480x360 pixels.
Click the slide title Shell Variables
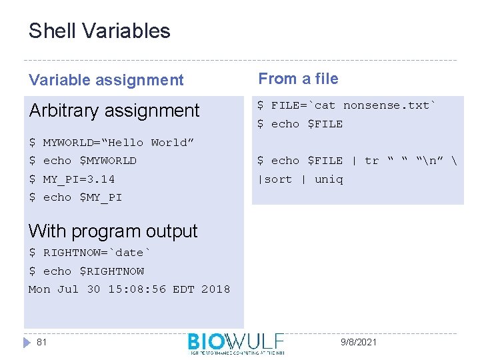pyautogui.click(x=99, y=31)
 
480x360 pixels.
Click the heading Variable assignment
pyautogui.click(x=105, y=80)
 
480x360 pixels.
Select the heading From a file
pyautogui.click(x=298, y=79)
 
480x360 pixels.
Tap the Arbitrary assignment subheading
pyautogui.click(x=114, y=110)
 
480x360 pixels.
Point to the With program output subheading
pyautogui.click(x=113, y=231)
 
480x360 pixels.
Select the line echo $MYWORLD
pyautogui.click(x=89, y=161)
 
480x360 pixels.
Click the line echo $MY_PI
pyautogui.click(x=82, y=197)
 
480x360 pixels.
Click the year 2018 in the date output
pyautogui.click(x=215, y=289)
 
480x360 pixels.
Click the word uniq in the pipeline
pyautogui.click(x=329, y=179)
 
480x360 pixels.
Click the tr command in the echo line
pyautogui.click(x=371, y=161)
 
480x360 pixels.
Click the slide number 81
pyautogui.click(x=41, y=342)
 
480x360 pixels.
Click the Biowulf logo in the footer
pyautogui.click(x=236, y=343)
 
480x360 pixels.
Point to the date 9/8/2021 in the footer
pyautogui.click(x=359, y=342)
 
